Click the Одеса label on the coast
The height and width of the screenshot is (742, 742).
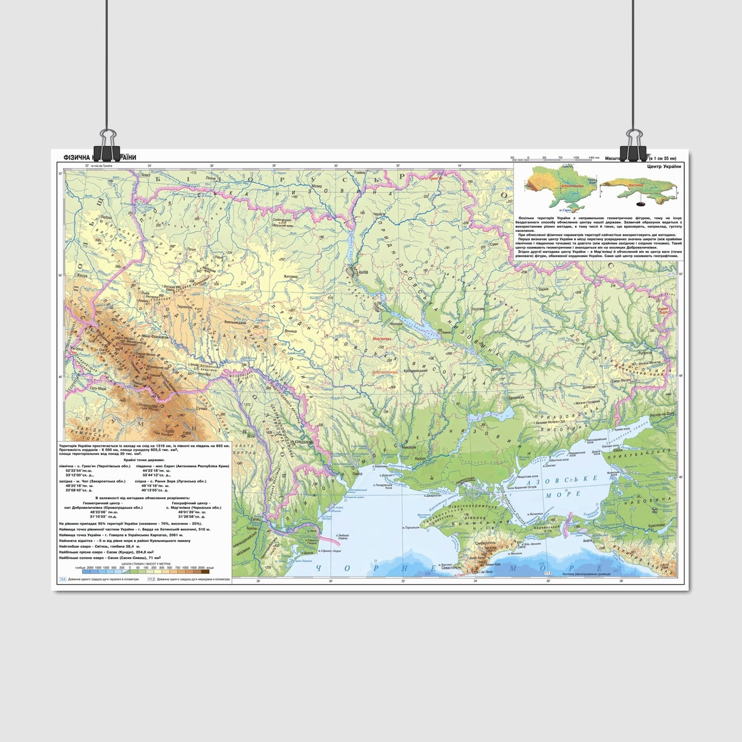358,473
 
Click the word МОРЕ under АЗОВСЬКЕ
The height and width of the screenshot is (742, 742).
570,493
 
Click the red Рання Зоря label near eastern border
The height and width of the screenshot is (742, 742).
664,312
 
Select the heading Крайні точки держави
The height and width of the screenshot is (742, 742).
145,459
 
